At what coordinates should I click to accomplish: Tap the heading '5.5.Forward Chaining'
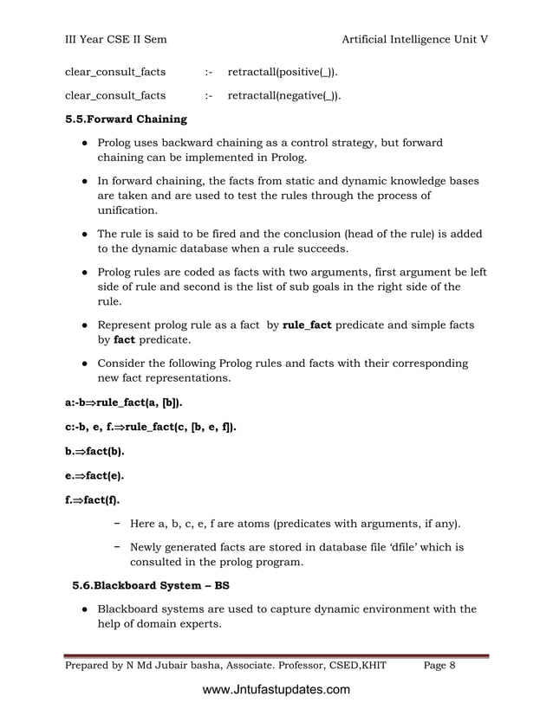point(126,119)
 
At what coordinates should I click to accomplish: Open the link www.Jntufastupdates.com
point(276,690)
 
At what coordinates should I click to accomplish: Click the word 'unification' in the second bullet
point(127,210)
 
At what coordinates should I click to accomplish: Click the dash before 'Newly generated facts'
point(116,547)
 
